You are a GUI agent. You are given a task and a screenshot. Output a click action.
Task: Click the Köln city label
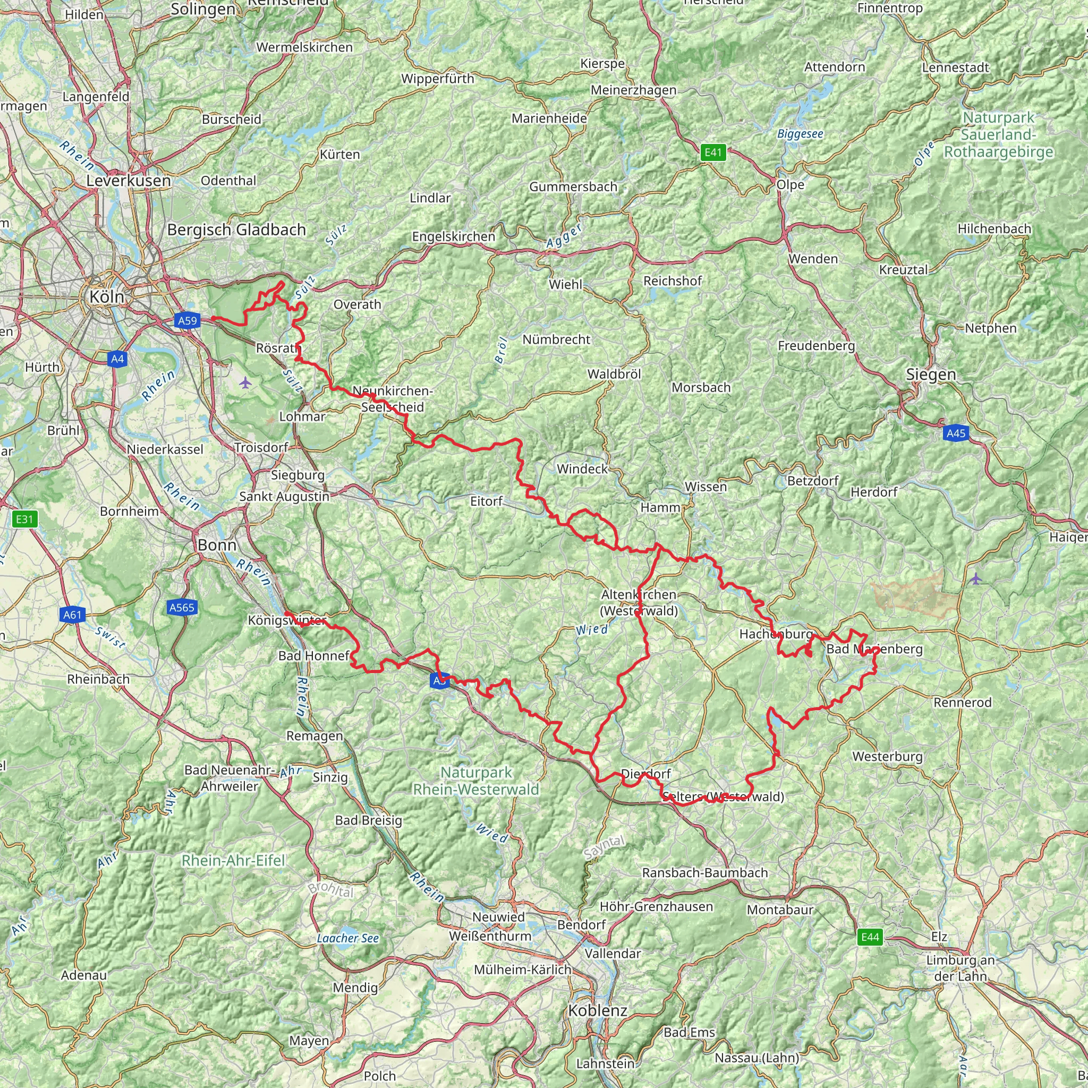point(106,297)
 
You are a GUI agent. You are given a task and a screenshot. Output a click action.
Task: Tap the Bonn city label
point(217,545)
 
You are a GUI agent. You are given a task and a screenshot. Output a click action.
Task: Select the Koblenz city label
point(598,1010)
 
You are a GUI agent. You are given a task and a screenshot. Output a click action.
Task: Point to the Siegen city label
point(931,375)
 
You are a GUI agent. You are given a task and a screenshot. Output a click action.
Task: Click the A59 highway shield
point(188,321)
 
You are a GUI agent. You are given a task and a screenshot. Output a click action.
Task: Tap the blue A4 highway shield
point(117,359)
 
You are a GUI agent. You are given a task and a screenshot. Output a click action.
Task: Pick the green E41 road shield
point(713,152)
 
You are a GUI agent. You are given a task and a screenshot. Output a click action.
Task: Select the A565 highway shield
point(182,607)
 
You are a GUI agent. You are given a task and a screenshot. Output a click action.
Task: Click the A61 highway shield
point(73,615)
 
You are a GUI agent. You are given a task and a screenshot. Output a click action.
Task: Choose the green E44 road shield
point(870,937)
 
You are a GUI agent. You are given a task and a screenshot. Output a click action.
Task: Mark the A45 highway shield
point(956,433)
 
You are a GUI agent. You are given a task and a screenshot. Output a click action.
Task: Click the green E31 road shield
point(24,519)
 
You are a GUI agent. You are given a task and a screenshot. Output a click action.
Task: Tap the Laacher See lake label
point(347,938)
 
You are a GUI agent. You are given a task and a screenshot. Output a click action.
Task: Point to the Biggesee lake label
point(800,134)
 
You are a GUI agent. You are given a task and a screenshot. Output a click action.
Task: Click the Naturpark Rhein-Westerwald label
point(477,781)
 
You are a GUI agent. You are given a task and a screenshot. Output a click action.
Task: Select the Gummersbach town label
point(573,186)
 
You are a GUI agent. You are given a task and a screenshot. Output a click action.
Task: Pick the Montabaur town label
point(780,909)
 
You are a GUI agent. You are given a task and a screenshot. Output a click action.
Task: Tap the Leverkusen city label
point(129,181)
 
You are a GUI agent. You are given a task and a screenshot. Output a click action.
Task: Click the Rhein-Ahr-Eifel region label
point(233,861)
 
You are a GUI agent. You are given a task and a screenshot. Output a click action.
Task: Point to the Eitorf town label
point(487,500)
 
